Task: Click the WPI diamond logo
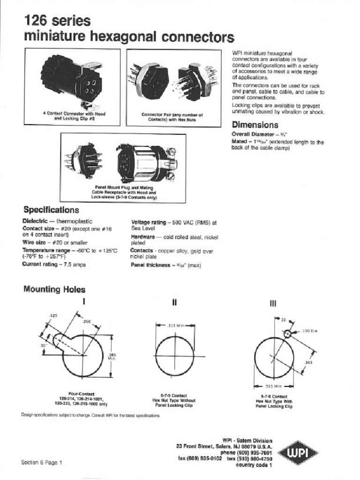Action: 298,452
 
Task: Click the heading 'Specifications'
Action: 51,210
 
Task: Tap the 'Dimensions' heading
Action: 255,125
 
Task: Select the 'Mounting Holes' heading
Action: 54,290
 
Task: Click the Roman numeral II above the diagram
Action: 174,303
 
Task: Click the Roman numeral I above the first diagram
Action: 84,302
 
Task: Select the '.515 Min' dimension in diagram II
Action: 174,324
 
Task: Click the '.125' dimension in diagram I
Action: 53,316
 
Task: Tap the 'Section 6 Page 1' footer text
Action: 41,462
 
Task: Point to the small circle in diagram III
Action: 287,333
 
